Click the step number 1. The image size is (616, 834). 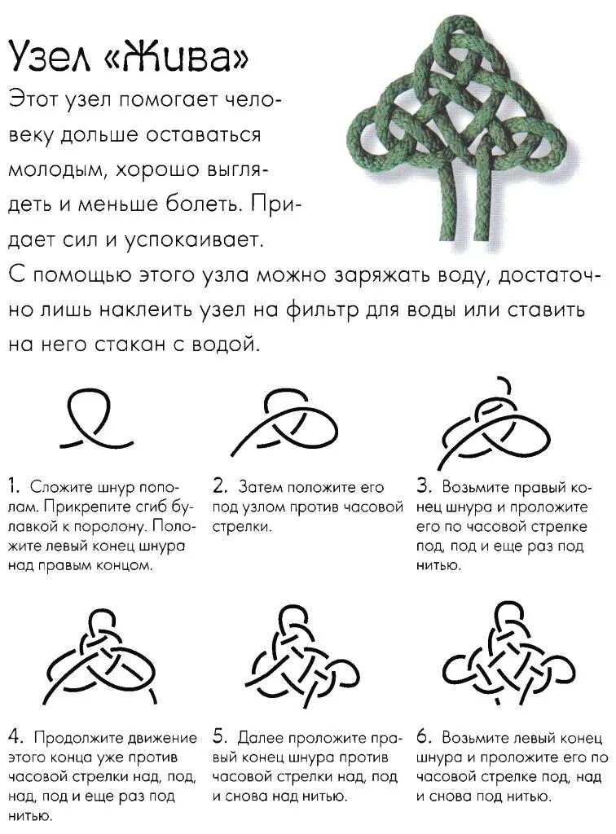point(14,487)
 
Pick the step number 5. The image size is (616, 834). point(219,738)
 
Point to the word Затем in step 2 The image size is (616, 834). point(258,488)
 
